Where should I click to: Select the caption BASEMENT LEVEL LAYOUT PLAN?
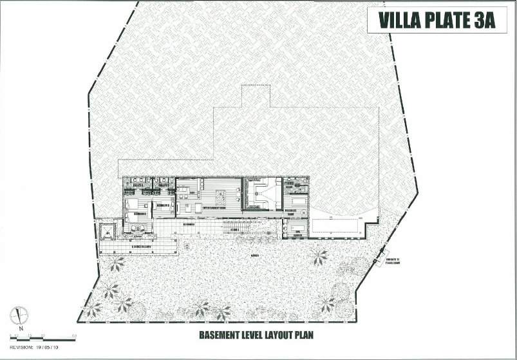pyautogui.click(x=255, y=336)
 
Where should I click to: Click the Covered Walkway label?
pyautogui.click(x=142, y=246)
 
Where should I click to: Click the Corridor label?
pyautogui.click(x=189, y=224)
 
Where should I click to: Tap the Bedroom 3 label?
pyautogui.click(x=163, y=205)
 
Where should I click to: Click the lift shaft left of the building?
pyautogui.click(x=105, y=230)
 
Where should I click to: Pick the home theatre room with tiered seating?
pyautogui.click(x=262, y=194)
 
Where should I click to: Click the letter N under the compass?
pyautogui.click(x=21, y=328)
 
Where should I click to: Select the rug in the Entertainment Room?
pyautogui.click(x=219, y=196)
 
